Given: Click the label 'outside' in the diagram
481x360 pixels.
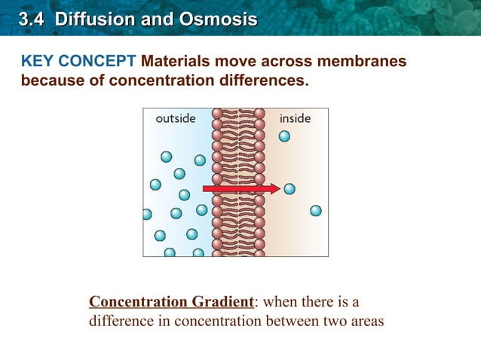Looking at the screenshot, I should coord(176,118).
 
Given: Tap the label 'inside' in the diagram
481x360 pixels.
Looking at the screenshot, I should coord(295,118).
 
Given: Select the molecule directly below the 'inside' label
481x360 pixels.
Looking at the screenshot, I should coord(284,136).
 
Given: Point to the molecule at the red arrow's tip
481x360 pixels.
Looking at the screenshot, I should coord(290,189).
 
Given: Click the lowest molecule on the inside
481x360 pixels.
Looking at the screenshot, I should coord(316,211).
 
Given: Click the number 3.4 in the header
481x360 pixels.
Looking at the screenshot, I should coord(29,19).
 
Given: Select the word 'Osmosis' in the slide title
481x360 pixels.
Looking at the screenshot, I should coord(219,19).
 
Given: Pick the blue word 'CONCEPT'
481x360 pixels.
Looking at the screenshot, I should coord(97,61).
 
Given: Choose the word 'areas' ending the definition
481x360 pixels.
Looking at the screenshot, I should coord(366,321).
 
